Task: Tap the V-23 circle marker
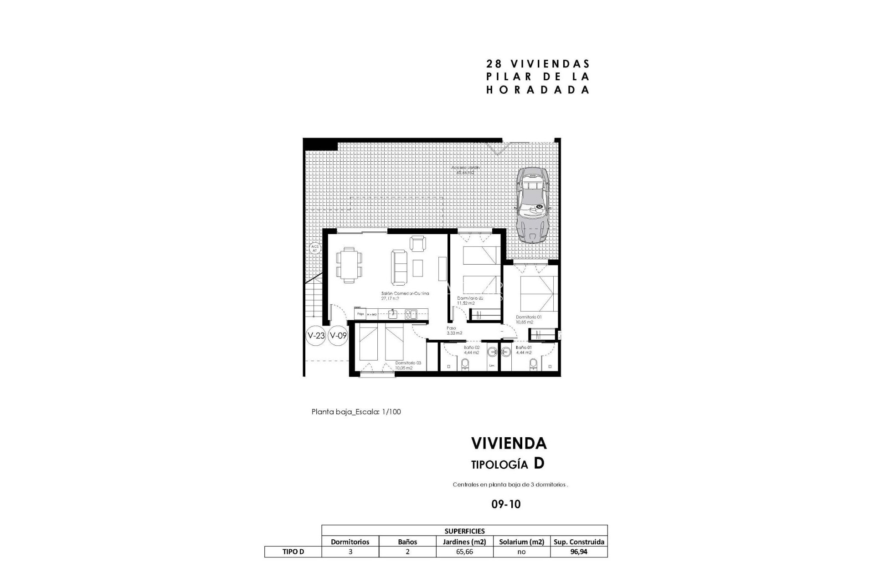click(316, 336)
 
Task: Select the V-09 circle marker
click(338, 336)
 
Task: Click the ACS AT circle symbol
click(314, 248)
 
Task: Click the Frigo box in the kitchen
click(360, 314)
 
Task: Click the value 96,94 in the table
click(578, 552)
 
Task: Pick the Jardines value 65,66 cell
click(464, 552)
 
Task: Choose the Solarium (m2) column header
click(521, 542)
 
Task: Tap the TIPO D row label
click(293, 552)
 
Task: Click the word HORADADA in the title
click(538, 90)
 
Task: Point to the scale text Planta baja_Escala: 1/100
click(356, 412)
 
